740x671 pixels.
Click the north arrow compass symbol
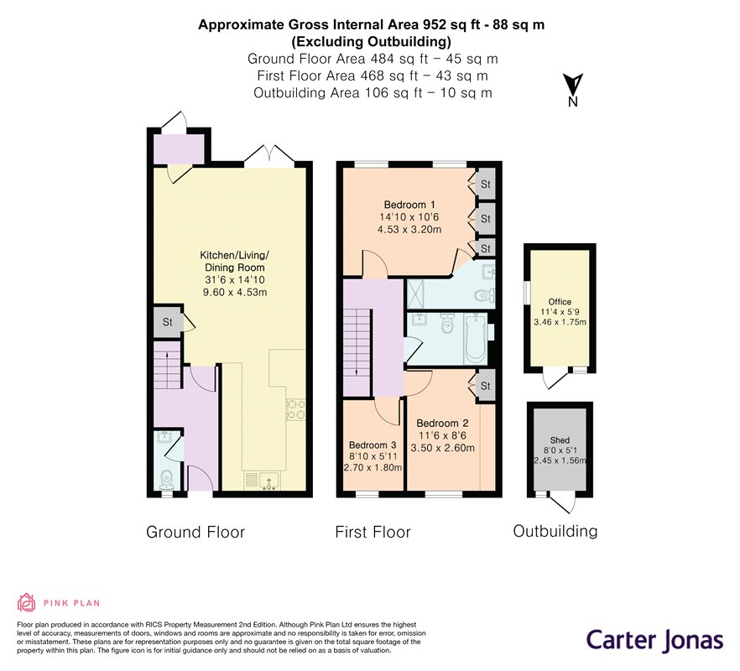573,90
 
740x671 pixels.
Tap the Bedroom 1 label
409,205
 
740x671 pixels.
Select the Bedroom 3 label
373,445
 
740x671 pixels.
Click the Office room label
560,301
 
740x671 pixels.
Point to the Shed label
560,440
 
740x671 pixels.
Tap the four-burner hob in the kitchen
296,409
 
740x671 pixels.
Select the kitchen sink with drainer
262,481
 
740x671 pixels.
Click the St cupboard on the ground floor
168,322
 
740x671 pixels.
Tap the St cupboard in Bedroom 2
485,386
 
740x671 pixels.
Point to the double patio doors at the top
269,156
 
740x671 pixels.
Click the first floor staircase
357,349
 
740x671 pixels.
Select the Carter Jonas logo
655,641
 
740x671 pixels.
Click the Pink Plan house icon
27,602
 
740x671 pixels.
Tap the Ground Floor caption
195,533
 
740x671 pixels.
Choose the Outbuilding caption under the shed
555,531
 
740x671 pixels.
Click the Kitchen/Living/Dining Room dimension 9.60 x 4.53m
235,292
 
